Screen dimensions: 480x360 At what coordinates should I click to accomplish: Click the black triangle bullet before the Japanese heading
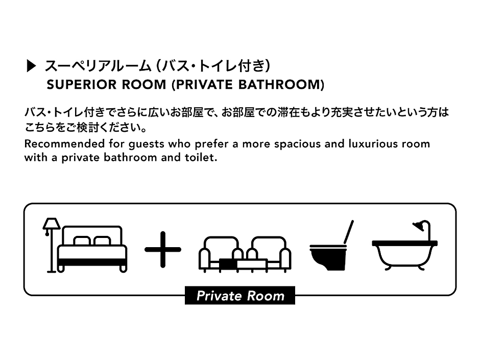pos(32,66)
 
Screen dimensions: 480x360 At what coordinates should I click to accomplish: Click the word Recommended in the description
pos(64,143)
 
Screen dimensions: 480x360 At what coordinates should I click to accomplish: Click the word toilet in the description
pos(201,157)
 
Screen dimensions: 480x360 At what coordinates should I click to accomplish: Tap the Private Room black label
pos(240,296)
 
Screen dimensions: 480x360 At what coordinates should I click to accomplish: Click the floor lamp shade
pos(52,224)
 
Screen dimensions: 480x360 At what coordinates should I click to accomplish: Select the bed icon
pos(92,249)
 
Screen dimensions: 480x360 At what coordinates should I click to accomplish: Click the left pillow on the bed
pos(82,241)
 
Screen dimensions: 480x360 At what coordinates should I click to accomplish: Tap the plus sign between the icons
pos(163,250)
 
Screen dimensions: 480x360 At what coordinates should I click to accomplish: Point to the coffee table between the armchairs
pos(244,265)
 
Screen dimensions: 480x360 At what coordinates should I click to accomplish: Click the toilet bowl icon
pos(328,258)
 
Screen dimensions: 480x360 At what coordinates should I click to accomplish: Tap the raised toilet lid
pos(349,232)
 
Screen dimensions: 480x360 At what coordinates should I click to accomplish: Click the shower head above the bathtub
pos(419,225)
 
